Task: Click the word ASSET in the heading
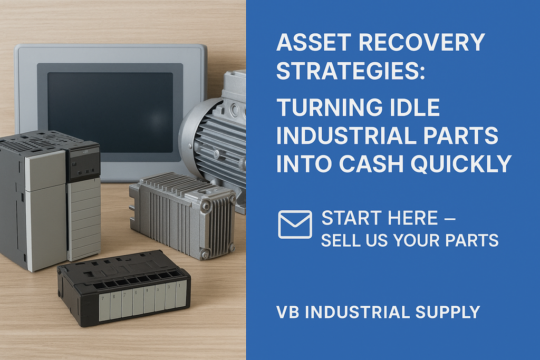(x=308, y=42)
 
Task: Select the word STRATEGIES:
(x=350, y=70)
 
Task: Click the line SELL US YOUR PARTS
(x=409, y=240)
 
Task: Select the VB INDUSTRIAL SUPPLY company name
(x=378, y=312)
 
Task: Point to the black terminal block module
(x=123, y=287)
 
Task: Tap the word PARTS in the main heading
(x=470, y=136)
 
